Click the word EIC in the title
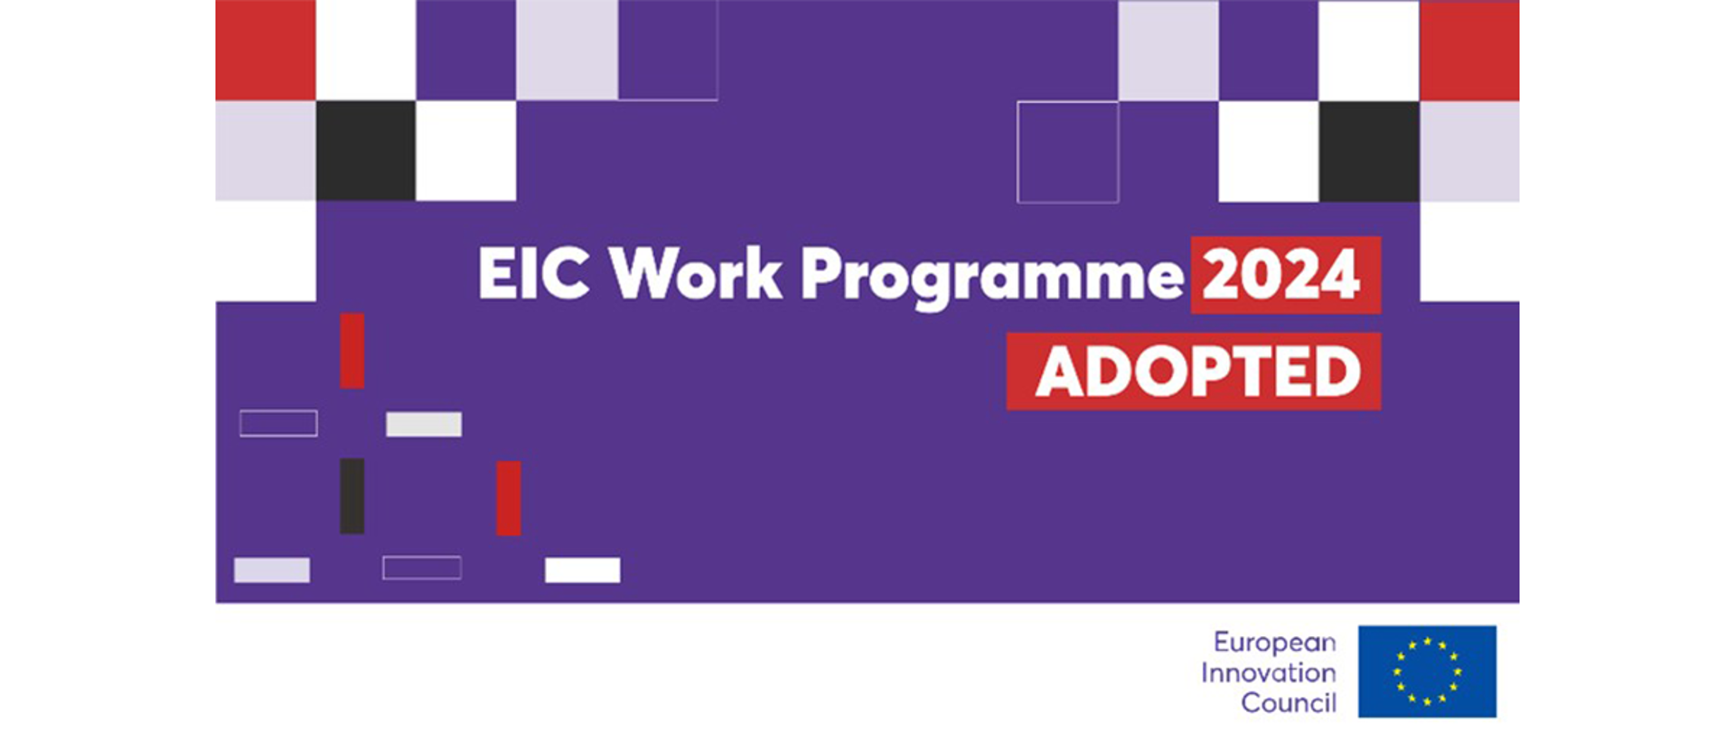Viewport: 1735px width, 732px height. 533,272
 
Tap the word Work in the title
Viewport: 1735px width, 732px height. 695,272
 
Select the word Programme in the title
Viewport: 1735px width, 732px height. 992,277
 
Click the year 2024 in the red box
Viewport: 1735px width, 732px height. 1280,275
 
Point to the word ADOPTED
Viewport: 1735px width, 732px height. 1197,371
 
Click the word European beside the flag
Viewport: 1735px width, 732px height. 1274,643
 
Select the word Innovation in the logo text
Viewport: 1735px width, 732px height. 1269,672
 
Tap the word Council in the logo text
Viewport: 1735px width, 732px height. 1289,702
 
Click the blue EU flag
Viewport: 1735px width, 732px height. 1427,671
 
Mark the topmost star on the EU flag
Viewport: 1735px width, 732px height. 1427,643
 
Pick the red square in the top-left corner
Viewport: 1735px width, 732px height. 266,50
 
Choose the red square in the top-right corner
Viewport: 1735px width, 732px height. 1469,51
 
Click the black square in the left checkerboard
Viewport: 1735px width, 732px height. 366,150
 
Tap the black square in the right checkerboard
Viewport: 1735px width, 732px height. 1369,151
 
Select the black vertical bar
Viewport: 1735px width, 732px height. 352,496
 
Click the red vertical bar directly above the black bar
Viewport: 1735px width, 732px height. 352,351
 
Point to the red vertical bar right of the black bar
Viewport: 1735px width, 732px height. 509,498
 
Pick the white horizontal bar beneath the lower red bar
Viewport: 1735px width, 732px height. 583,570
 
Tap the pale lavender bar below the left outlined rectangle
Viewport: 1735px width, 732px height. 272,570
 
